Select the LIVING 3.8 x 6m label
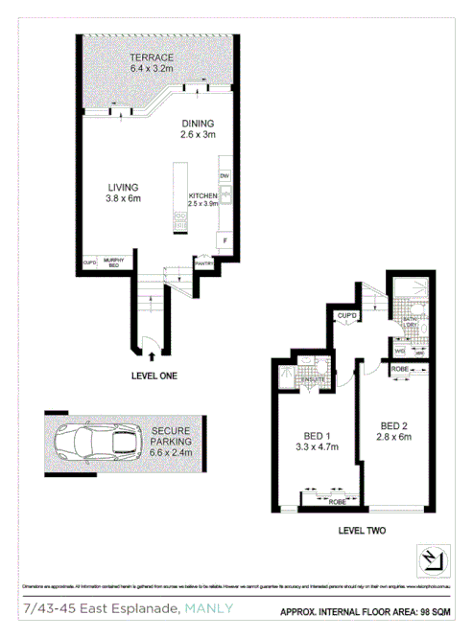coord(123,193)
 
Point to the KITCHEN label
coord(204,196)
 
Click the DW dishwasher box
coord(225,177)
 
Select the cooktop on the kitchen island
coord(179,221)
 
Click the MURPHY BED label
coord(114,262)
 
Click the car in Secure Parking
coord(93,443)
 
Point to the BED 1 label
coord(310,438)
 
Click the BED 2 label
coord(394,431)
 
